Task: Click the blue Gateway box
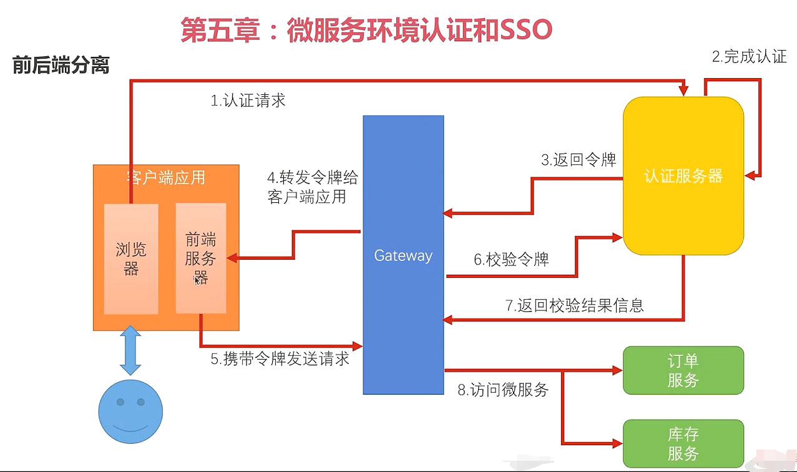click(x=403, y=255)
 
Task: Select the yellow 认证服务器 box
click(x=683, y=176)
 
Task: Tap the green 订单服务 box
click(x=683, y=370)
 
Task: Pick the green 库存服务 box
click(x=683, y=443)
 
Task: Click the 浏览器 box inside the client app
click(x=131, y=258)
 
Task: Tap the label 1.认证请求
click(x=248, y=101)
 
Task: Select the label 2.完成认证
click(x=750, y=57)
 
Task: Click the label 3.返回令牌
click(x=579, y=160)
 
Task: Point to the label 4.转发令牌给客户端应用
click(x=312, y=187)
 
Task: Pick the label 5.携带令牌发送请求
click(x=280, y=359)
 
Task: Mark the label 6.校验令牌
click(x=511, y=260)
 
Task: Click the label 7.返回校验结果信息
click(x=574, y=305)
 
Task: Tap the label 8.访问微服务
click(x=503, y=390)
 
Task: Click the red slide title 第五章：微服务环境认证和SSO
click(x=366, y=29)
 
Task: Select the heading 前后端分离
click(x=61, y=66)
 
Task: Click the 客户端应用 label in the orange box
click(x=165, y=177)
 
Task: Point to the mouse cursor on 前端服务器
click(x=198, y=280)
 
